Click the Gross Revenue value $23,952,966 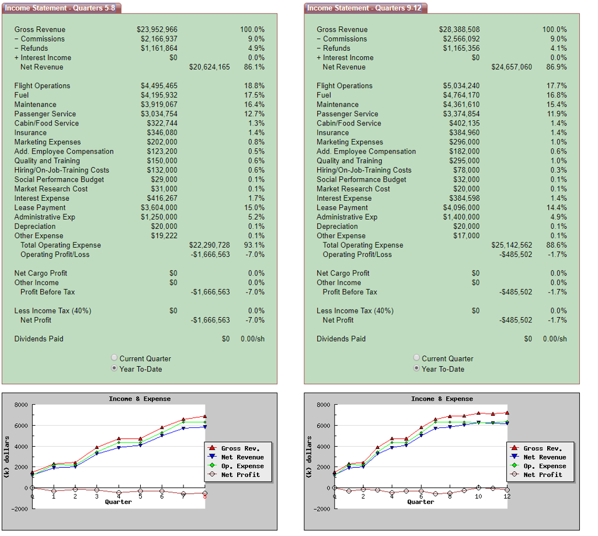(157, 29)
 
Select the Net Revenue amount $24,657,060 (512, 67)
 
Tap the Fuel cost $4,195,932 (159, 95)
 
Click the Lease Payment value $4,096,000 (461, 208)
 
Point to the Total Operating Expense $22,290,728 (210, 245)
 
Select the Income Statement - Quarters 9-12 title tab (365, 8)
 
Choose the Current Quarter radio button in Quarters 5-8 (114, 359)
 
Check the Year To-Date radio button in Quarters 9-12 (416, 369)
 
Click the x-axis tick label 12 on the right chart (507, 496)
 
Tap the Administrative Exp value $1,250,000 (159, 217)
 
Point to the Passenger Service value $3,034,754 (159, 114)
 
